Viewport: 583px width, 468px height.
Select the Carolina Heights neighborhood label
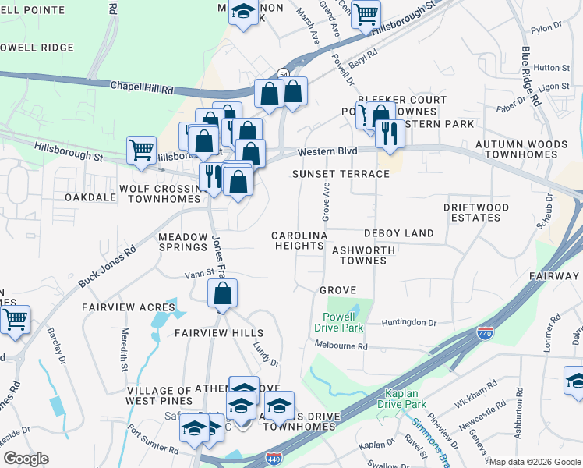[x=298, y=240]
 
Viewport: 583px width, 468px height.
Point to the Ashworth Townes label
[x=364, y=256]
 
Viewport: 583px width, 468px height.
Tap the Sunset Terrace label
[x=340, y=173]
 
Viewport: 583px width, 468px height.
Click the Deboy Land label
[x=398, y=233]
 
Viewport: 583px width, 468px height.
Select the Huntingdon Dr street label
[x=409, y=322]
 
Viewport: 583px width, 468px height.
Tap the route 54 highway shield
[x=281, y=73]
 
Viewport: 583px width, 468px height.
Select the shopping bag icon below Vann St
[x=223, y=294]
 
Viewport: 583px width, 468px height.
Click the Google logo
[x=26, y=459]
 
